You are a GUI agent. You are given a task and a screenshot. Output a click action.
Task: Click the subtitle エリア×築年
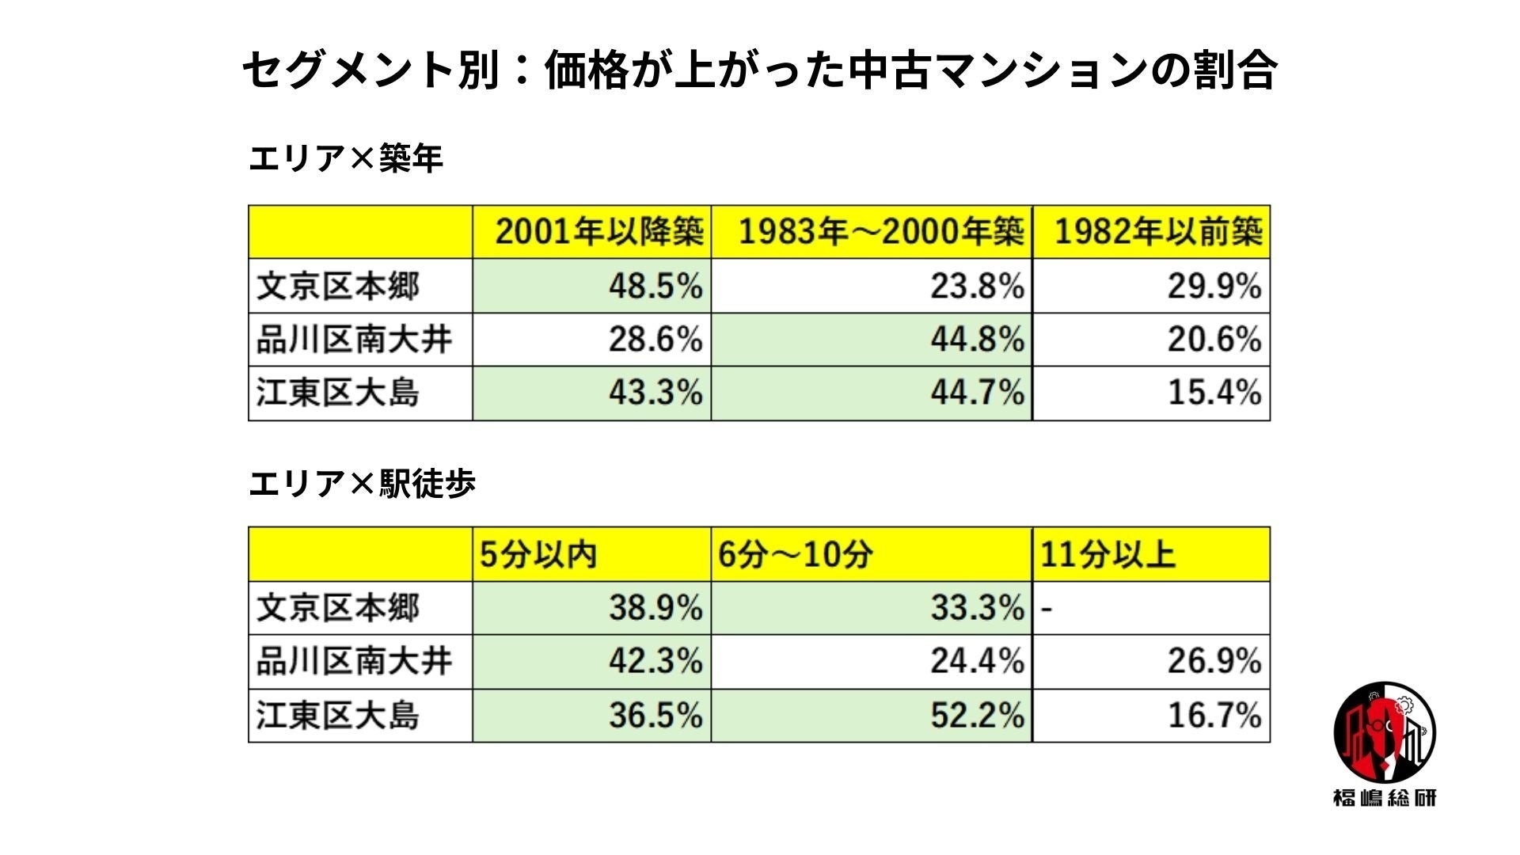[x=346, y=159]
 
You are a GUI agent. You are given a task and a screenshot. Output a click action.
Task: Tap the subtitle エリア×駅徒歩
[x=363, y=483]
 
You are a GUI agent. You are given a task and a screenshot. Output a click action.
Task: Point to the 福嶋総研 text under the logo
[x=1384, y=798]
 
